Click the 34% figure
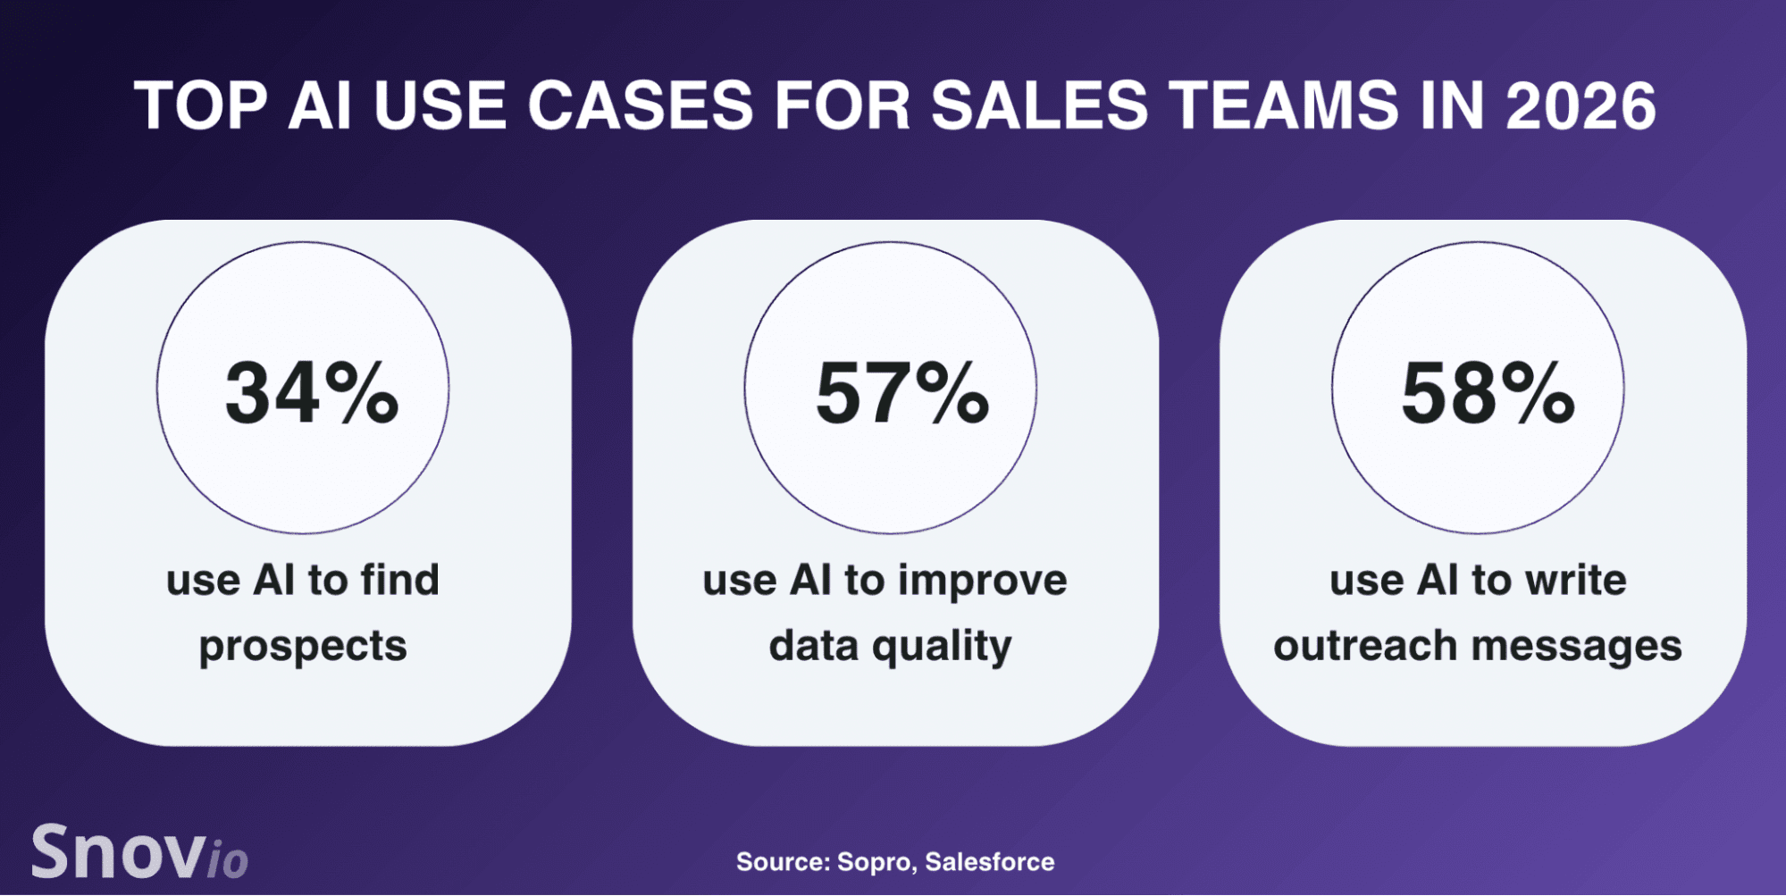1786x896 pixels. click(x=312, y=392)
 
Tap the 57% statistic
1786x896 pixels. click(x=902, y=392)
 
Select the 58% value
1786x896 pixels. click(x=1488, y=392)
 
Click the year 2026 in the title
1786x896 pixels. click(x=1581, y=105)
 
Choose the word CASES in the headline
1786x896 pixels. click(x=641, y=105)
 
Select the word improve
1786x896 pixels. click(x=983, y=582)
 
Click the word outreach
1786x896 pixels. click(x=1365, y=646)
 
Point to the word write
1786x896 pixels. click(x=1576, y=581)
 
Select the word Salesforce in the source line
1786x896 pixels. click(x=990, y=862)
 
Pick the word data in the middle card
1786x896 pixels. click(x=814, y=646)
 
